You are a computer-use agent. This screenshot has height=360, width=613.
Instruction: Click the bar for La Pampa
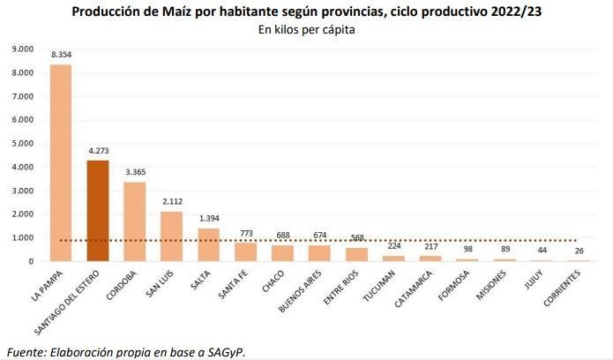[x=61, y=163]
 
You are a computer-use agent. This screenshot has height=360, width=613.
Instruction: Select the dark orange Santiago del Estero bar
[x=98, y=211]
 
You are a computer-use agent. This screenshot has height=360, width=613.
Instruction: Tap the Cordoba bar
[x=134, y=221]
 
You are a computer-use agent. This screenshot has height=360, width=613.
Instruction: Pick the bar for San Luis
[x=171, y=236]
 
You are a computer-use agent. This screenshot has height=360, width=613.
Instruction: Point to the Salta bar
[x=208, y=244]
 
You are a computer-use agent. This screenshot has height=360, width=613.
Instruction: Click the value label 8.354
[x=61, y=55]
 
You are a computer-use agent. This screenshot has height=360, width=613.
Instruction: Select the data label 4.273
[x=98, y=151]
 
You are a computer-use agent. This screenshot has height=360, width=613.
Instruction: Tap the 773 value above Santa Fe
[x=244, y=233]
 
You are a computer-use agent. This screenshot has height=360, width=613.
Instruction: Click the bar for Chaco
[x=281, y=252]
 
